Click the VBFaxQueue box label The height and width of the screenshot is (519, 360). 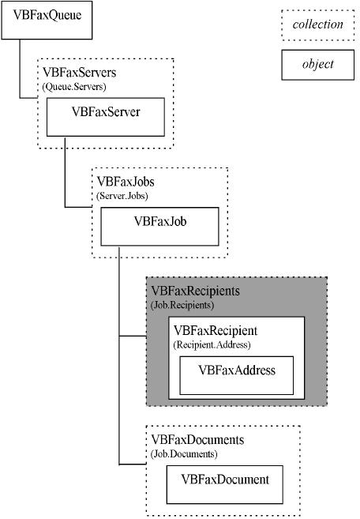point(47,15)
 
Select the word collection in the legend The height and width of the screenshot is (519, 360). point(317,24)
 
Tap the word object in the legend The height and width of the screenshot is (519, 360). point(317,64)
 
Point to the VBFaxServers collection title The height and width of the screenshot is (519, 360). point(80,73)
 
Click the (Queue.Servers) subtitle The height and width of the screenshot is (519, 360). point(74,87)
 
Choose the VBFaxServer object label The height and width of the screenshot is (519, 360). point(106,112)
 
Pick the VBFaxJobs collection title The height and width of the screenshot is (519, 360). point(126,182)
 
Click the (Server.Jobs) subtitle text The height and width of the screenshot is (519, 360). point(122,196)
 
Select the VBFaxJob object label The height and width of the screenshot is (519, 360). point(159,221)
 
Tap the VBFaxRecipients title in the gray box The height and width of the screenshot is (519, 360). point(195,291)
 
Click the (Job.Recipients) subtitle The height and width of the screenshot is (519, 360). point(182,305)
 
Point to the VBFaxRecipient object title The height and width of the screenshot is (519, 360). point(216,331)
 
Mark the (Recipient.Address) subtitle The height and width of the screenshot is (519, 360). point(212,344)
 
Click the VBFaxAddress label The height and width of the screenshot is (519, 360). point(237,370)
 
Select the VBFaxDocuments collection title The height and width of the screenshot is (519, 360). point(197,440)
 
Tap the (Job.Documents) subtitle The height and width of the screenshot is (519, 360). point(184,453)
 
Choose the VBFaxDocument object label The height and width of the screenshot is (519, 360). point(225,480)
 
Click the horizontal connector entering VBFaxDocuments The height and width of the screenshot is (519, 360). point(133,464)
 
